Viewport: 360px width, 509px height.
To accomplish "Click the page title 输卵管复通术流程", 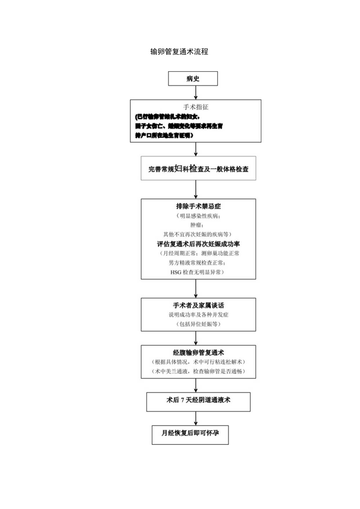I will pyautogui.click(x=179, y=52).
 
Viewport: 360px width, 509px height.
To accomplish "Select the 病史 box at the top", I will pyautogui.click(x=193, y=79).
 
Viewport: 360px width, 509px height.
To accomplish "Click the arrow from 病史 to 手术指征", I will pyautogui.click(x=196, y=92).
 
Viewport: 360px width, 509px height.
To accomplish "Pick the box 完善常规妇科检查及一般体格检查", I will pyautogui.click(x=198, y=169).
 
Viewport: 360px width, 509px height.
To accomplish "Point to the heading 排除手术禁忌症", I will pyautogui.click(x=198, y=207).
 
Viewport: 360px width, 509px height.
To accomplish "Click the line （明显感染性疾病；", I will pyautogui.click(x=198, y=216).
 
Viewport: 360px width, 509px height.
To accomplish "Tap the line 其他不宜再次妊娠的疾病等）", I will pyautogui.click(x=198, y=234).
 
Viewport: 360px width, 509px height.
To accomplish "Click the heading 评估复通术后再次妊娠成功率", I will pyautogui.click(x=198, y=244).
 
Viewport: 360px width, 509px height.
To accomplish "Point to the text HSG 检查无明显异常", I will pyautogui.click(x=198, y=272).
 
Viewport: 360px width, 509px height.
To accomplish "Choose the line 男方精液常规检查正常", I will pyautogui.click(x=198, y=263).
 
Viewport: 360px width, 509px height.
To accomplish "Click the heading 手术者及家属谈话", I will pyautogui.click(x=198, y=306).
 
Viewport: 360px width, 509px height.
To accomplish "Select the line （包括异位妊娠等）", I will pyautogui.click(x=198, y=324).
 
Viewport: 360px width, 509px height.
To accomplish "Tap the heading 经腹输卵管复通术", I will pyautogui.click(x=198, y=353).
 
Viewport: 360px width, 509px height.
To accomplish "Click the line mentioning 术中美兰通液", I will pyautogui.click(x=198, y=371).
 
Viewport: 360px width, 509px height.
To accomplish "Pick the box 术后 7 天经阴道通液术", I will pyautogui.click(x=198, y=402).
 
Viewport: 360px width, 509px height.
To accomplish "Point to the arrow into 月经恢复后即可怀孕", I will pyautogui.click(x=196, y=418).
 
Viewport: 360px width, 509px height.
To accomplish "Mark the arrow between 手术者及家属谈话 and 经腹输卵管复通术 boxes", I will pyautogui.click(x=196, y=338).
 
